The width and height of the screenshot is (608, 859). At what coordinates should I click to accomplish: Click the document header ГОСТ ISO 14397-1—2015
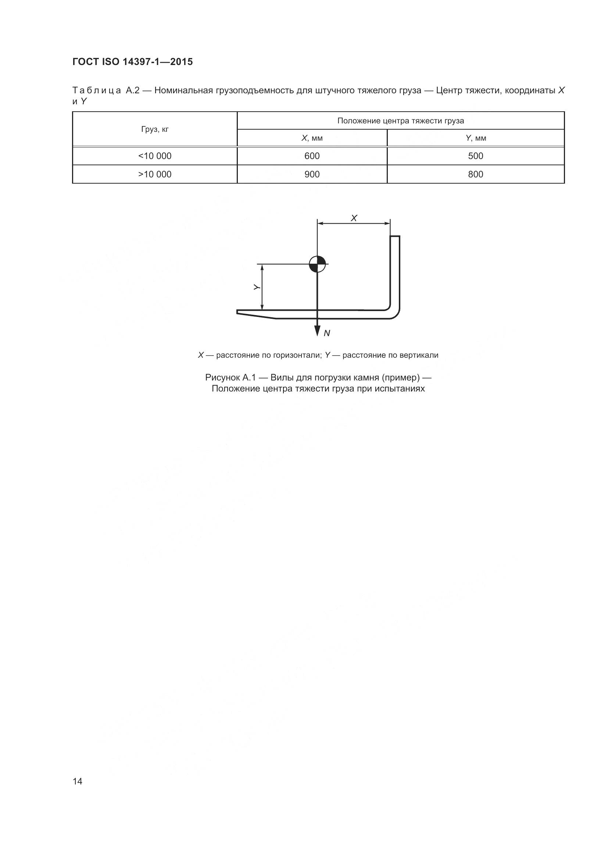point(133,62)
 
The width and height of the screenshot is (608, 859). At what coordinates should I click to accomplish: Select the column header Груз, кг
point(155,129)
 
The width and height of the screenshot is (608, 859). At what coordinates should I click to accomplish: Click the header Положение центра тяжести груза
point(401,121)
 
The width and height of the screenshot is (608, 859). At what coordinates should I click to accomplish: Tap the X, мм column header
point(312,138)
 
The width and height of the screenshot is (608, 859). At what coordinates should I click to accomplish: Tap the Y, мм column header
point(476,138)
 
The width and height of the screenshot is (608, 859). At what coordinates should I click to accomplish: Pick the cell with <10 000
point(155,156)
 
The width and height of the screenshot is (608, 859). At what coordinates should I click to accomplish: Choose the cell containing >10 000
point(155,174)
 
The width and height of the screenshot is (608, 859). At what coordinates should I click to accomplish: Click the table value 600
point(312,156)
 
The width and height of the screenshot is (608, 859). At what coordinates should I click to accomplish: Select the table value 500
point(475,156)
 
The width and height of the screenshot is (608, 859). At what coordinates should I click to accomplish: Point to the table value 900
point(312,174)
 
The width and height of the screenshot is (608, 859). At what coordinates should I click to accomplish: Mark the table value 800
point(475,174)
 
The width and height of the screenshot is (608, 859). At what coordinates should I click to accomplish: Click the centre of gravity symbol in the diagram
point(318,264)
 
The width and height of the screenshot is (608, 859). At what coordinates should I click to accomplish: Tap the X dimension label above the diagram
point(354,218)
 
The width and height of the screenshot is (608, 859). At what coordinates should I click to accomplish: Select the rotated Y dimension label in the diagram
point(257,287)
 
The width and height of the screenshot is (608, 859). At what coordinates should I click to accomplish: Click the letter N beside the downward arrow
point(327,333)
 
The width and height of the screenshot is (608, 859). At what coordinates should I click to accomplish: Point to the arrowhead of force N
point(317,331)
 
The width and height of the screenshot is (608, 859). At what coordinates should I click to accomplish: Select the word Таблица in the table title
point(97,91)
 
